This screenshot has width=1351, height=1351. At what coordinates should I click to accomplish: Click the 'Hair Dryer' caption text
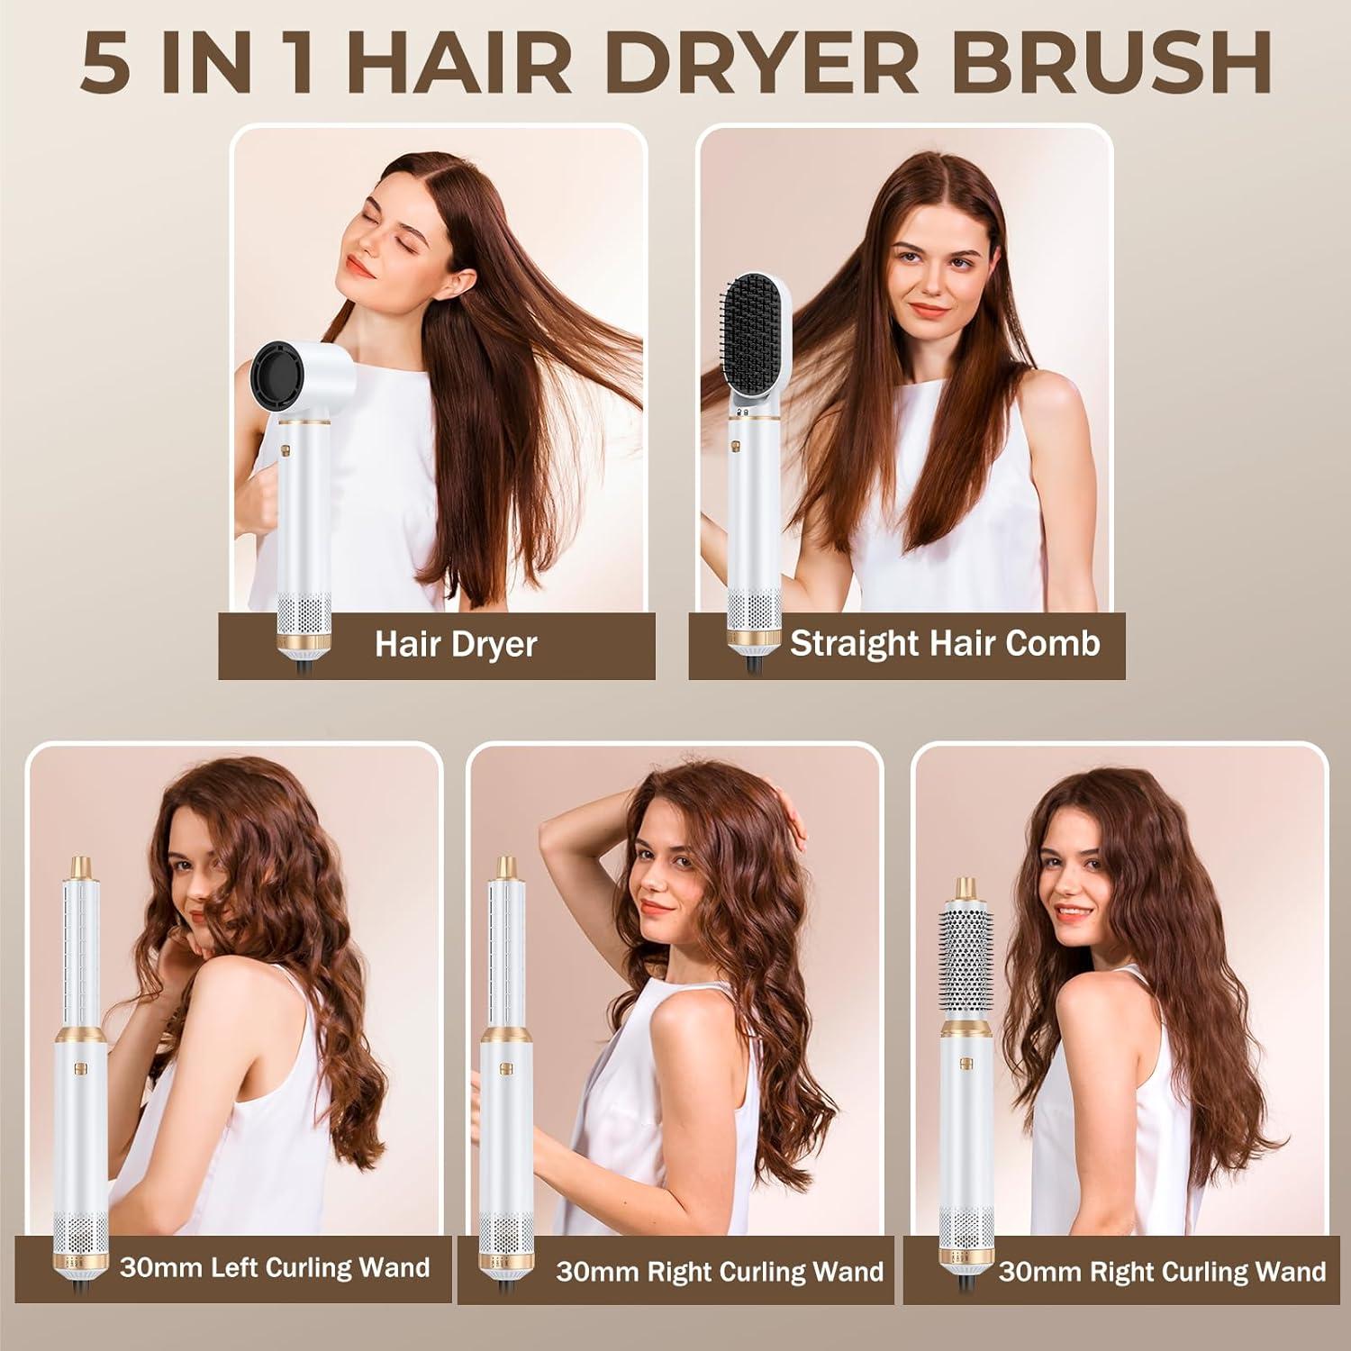(456, 644)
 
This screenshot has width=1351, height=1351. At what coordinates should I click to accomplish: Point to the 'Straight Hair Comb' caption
(945, 643)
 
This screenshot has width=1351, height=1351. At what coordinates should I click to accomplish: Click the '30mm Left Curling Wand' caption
(274, 1267)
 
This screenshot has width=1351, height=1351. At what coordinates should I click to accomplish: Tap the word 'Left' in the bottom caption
(241, 1267)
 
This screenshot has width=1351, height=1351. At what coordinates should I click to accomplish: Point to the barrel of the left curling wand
(83, 955)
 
